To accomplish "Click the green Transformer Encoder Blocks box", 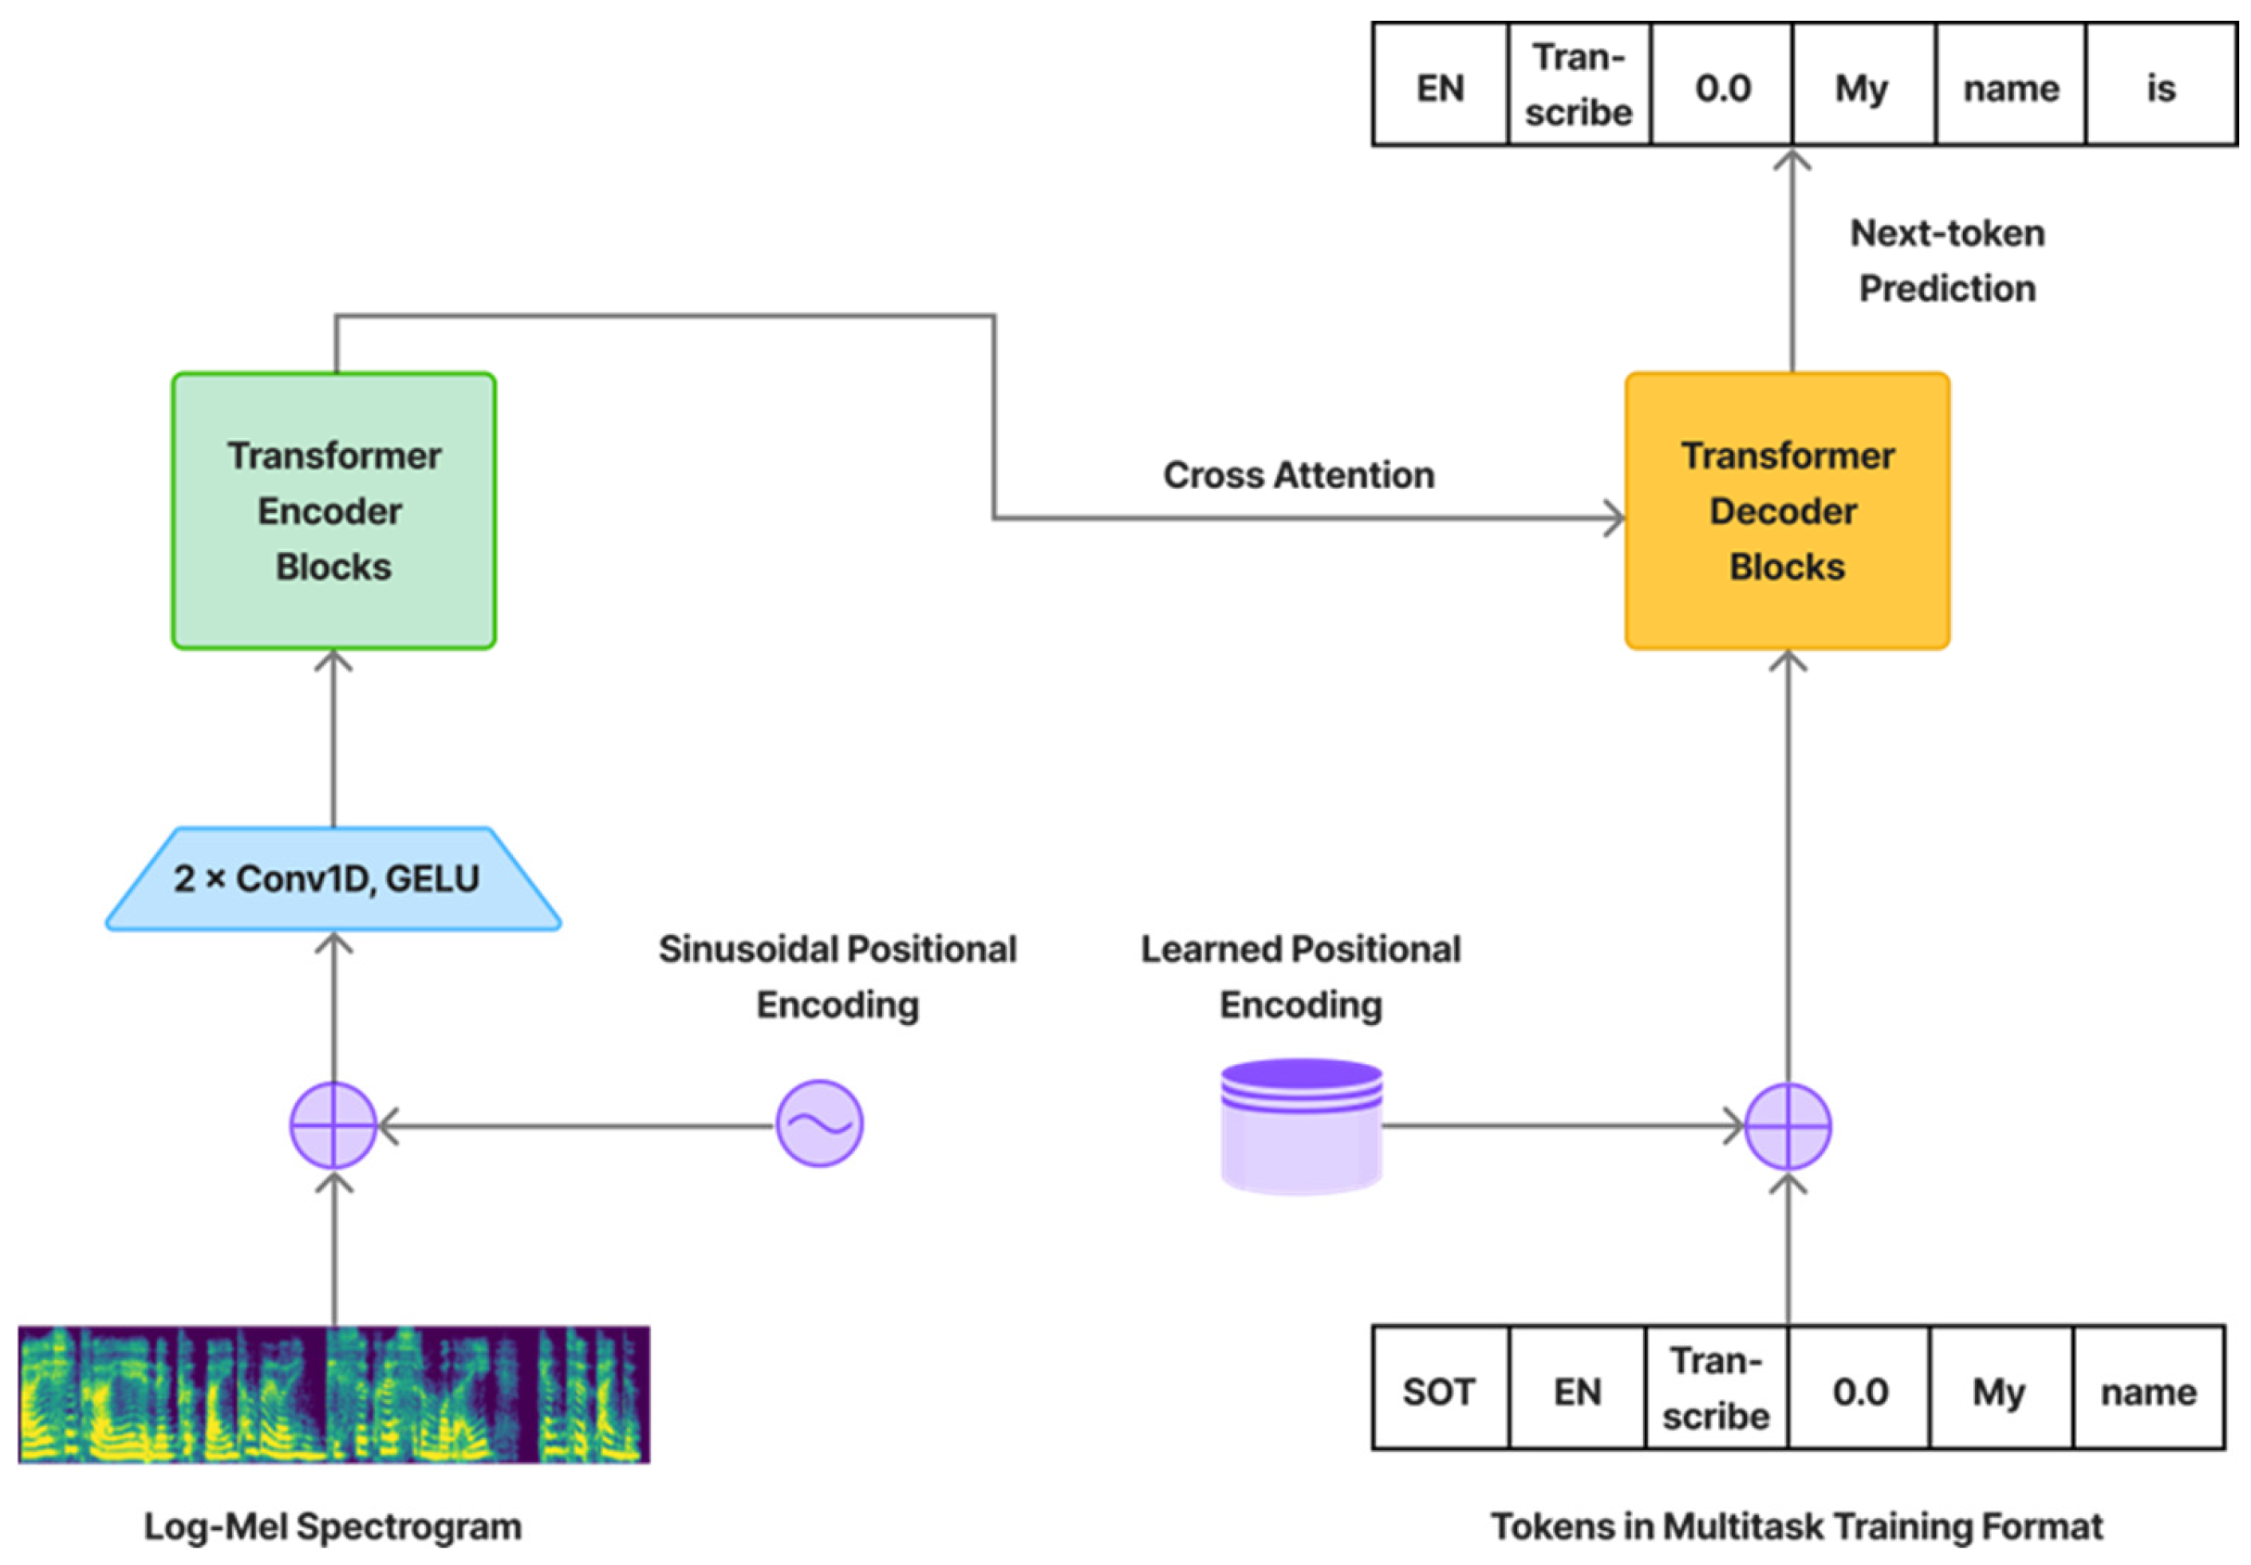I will click(x=333, y=510).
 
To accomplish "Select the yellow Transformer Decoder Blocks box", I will click(x=1786, y=510).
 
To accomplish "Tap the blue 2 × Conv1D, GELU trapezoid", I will click(x=333, y=878).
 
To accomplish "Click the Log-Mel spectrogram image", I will click(x=333, y=1394).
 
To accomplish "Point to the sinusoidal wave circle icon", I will click(x=820, y=1124).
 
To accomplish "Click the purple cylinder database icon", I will click(x=1301, y=1125).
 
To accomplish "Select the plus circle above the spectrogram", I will click(x=333, y=1125).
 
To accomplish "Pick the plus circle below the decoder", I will click(x=1788, y=1126).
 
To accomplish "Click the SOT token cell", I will click(x=1439, y=1391).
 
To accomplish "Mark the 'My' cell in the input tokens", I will click(x=1999, y=1391).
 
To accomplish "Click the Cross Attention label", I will click(x=1298, y=475).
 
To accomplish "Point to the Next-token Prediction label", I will click(x=1947, y=261).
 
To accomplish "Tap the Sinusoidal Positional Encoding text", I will click(x=838, y=976).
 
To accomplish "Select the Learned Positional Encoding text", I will click(x=1301, y=976).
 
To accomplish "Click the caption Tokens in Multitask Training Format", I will click(x=1796, y=1527).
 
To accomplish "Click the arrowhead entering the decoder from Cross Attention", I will click(x=1614, y=518).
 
